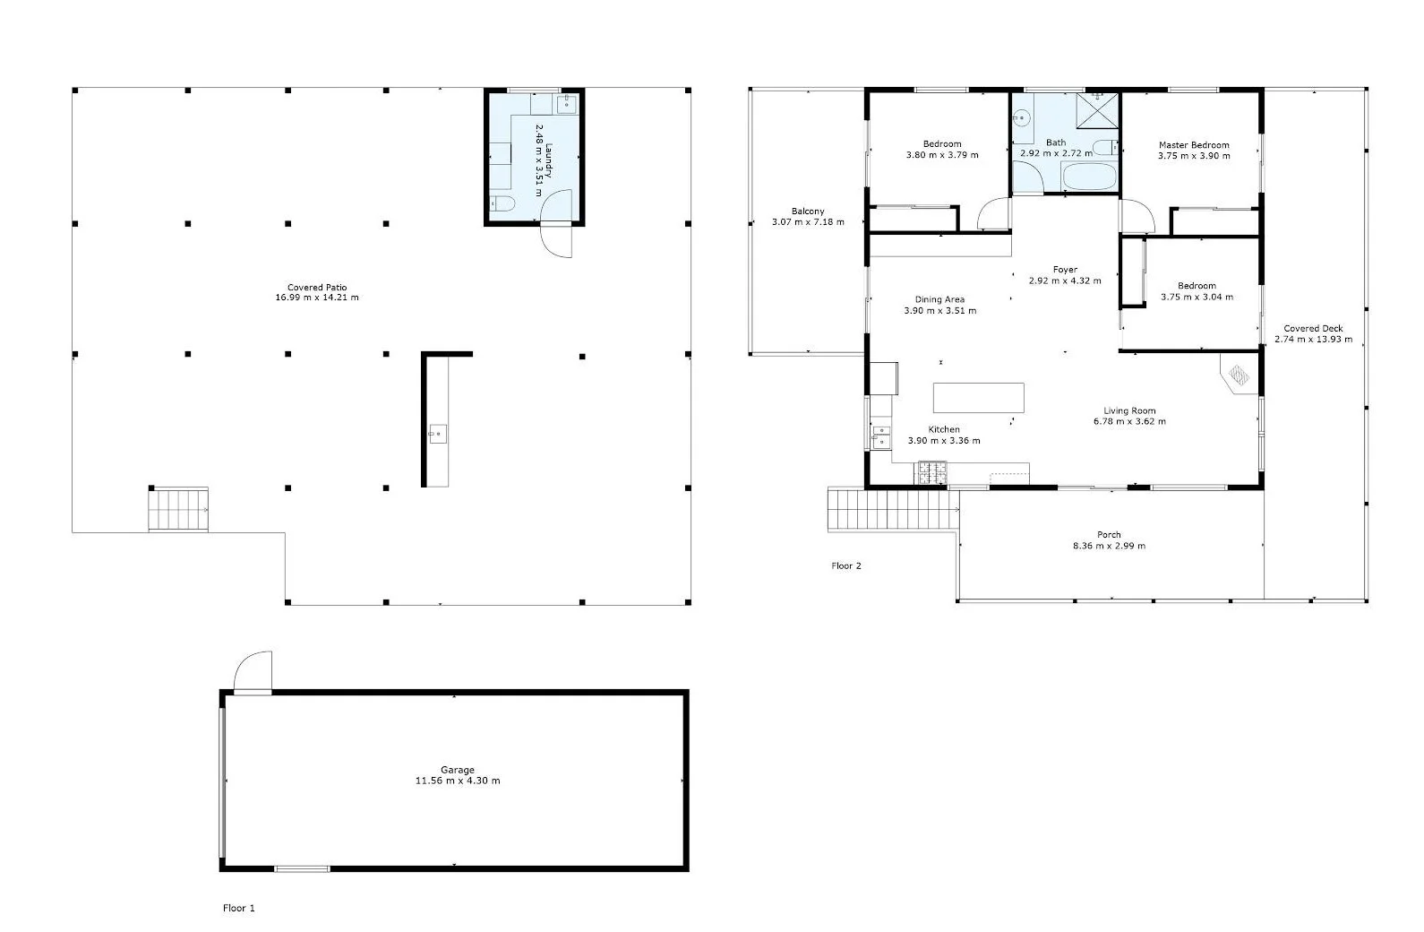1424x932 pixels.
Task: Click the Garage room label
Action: pos(457,770)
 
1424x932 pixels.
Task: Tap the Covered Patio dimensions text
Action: pos(317,298)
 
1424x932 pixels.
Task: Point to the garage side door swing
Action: pos(253,672)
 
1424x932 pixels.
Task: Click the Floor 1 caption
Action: pos(239,908)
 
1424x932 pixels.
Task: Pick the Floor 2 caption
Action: pos(846,565)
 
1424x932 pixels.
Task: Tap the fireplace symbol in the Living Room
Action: pos(1239,374)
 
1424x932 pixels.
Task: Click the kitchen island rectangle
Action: pos(978,397)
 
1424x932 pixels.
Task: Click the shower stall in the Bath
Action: pos(1098,112)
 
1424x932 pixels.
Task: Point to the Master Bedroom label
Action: pos(1194,144)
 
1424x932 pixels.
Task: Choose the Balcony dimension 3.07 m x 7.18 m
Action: pos(808,221)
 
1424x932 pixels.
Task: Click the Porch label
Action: pos(1109,535)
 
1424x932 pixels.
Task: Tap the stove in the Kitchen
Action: pos(931,472)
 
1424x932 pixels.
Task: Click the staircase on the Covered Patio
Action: pos(178,510)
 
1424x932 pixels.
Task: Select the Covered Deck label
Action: pos(1313,329)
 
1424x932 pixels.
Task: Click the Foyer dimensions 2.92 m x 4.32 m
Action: pos(1065,280)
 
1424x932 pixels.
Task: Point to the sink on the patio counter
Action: pos(437,436)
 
